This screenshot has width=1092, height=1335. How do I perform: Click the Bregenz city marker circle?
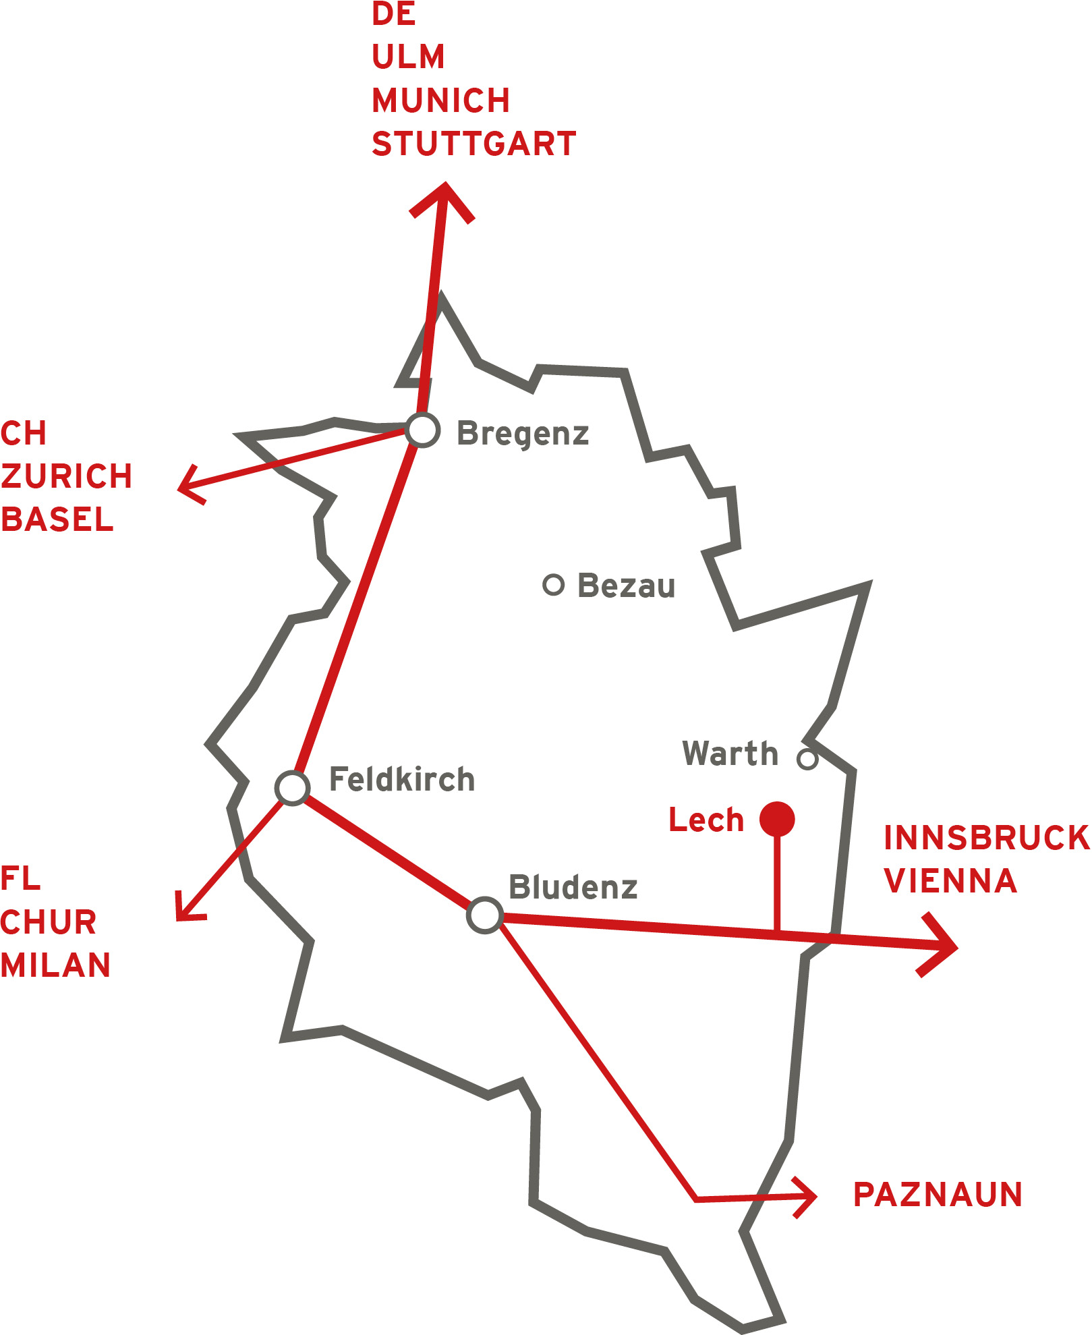(x=423, y=430)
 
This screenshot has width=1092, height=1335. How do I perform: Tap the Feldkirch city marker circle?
(x=293, y=787)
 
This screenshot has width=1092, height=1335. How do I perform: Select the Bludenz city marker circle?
(x=485, y=915)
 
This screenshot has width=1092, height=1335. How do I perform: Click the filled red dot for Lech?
(x=777, y=820)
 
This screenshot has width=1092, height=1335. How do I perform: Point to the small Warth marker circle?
(x=807, y=759)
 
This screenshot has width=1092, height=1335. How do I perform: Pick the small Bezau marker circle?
(x=553, y=585)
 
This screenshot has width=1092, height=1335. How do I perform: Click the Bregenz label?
(x=523, y=433)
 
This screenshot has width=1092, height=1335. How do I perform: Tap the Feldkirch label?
(x=402, y=780)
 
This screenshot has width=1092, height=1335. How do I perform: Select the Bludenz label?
(x=573, y=887)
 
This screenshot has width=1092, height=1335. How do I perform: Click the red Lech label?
(x=706, y=820)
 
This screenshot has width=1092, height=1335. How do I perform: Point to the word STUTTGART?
(x=474, y=144)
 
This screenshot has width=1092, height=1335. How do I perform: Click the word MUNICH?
(x=441, y=101)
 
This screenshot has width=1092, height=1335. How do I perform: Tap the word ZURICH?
(x=66, y=476)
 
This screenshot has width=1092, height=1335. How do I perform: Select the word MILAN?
(x=55, y=965)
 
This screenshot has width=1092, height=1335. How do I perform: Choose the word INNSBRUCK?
(x=987, y=838)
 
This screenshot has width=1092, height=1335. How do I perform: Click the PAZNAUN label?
(x=938, y=1195)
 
